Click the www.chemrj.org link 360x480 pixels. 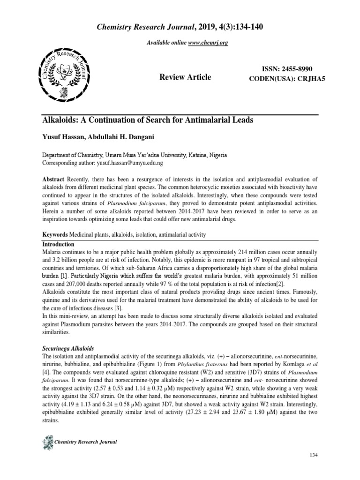(x=208, y=43)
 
